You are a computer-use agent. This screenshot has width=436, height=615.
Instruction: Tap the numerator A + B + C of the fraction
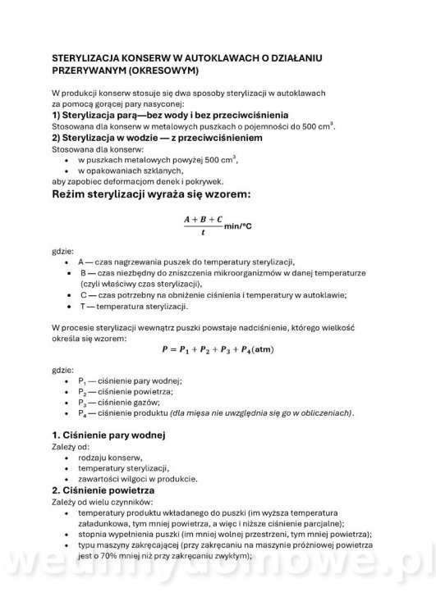pos(203,220)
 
